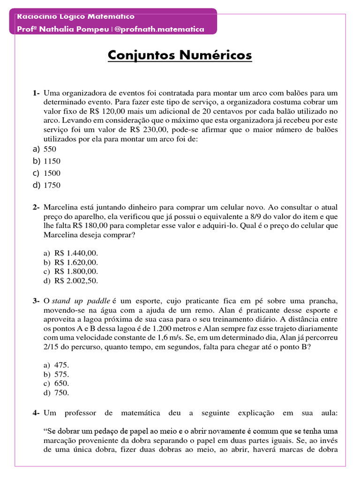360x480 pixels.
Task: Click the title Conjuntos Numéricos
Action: (x=180, y=55)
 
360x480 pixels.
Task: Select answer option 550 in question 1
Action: (x=50, y=150)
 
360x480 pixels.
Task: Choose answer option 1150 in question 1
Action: (x=52, y=161)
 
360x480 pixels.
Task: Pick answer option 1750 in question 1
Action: (x=52, y=185)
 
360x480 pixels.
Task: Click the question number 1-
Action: (x=36, y=93)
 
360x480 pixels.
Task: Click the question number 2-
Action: (x=36, y=207)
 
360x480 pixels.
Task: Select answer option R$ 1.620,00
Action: (x=76, y=262)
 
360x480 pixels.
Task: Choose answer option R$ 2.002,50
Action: (x=76, y=281)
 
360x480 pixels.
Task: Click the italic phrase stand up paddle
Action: (x=81, y=301)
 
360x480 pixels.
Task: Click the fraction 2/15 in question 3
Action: (x=52, y=347)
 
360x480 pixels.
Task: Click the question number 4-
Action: (x=36, y=413)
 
